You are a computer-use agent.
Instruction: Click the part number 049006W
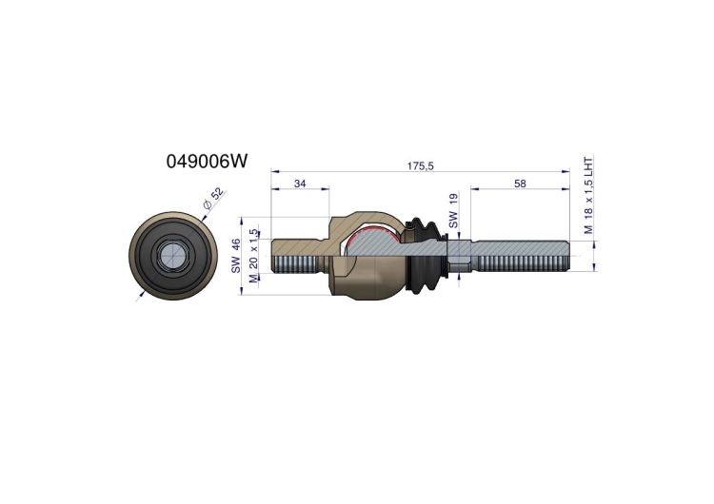point(208,161)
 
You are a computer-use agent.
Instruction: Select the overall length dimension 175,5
point(420,166)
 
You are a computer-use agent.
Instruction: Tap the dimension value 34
point(300,184)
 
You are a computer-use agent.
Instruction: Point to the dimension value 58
point(520,184)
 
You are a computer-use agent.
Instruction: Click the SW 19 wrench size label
point(453,210)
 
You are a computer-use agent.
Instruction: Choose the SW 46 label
point(236,256)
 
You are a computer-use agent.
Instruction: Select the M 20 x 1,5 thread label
point(253,256)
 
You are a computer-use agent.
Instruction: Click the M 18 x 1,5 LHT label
point(588,196)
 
